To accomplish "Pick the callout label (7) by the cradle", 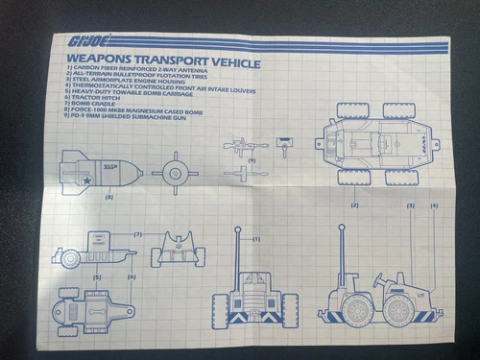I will tap(137, 234).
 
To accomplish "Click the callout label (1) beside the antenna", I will tap(257, 237).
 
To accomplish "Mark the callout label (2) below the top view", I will tap(354, 205).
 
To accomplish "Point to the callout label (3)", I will tap(410, 205).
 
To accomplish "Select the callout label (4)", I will tap(434, 205).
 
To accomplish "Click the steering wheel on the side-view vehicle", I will tap(383, 277).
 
